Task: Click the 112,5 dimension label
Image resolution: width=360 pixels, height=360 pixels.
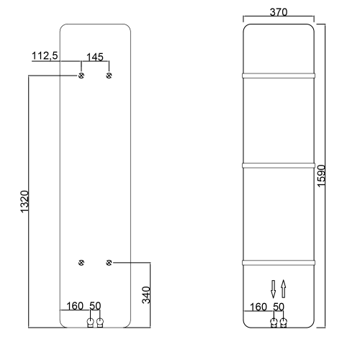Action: (x=45, y=56)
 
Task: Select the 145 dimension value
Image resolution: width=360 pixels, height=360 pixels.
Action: (x=95, y=56)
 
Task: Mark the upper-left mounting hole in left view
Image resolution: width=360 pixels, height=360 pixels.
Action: (x=81, y=75)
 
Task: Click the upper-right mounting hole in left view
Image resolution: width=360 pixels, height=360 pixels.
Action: (x=109, y=75)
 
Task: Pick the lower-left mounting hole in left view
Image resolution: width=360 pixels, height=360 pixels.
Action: (x=81, y=262)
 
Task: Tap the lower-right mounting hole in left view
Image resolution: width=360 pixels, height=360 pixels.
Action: (x=109, y=262)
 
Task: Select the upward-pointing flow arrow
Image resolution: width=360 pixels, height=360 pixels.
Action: (x=284, y=288)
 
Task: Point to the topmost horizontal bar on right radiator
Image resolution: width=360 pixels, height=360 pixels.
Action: (x=279, y=73)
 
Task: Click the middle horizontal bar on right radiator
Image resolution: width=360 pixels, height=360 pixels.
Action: (x=279, y=166)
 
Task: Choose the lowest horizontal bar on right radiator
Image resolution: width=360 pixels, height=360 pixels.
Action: (x=279, y=260)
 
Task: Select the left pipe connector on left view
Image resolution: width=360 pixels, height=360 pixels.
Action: (x=90, y=323)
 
